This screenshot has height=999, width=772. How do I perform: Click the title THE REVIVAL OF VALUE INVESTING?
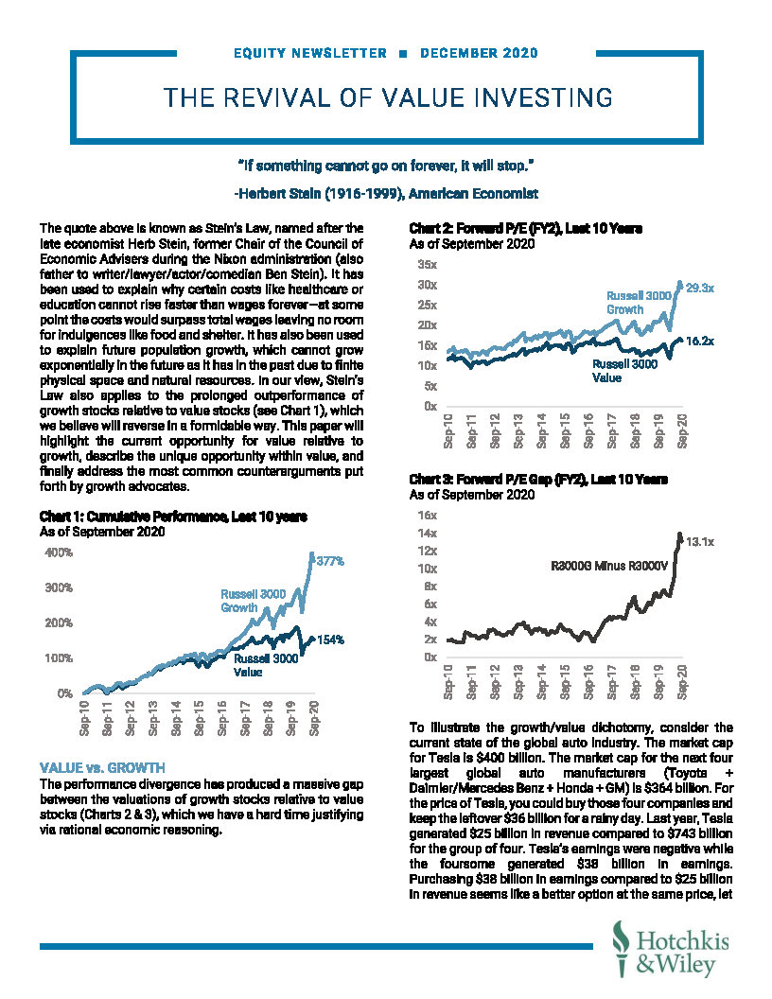click(387, 97)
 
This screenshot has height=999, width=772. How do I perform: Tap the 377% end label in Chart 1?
click(329, 561)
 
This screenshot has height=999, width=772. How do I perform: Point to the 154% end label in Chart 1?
click(329, 640)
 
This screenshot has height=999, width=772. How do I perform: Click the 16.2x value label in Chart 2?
click(699, 342)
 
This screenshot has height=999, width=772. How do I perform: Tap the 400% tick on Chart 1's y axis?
click(59, 552)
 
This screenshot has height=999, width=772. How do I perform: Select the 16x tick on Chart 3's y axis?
click(426, 516)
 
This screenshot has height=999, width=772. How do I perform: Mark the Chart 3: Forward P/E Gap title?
click(538, 481)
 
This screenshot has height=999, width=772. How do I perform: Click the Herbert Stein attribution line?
click(385, 194)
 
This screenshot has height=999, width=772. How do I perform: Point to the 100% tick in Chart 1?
click(59, 657)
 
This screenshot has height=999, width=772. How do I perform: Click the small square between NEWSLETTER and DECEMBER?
click(403, 53)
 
